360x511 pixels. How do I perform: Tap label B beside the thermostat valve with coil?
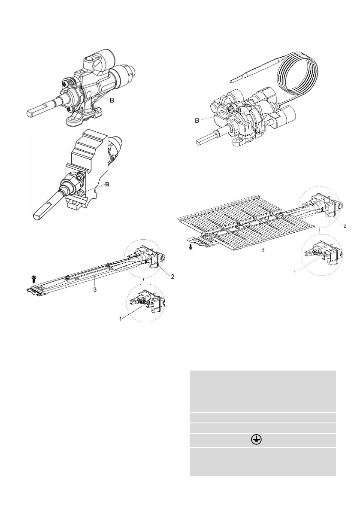point(197,121)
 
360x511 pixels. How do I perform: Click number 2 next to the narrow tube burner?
point(172,277)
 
